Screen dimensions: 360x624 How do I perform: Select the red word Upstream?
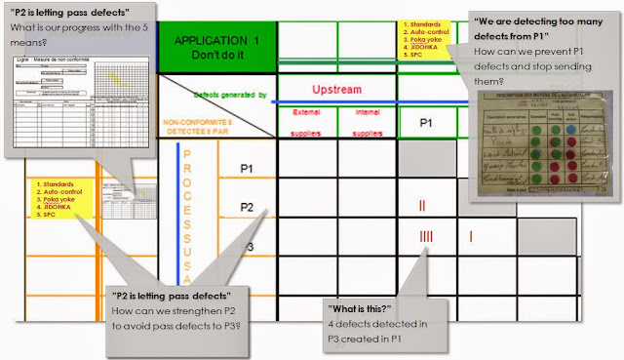336,90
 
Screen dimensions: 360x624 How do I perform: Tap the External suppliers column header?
305,122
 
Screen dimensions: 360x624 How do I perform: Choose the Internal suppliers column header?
366,122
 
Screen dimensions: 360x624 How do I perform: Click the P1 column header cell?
426,123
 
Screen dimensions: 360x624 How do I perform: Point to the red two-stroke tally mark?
422,206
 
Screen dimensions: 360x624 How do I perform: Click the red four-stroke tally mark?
425,236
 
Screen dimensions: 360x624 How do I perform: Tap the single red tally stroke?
471,236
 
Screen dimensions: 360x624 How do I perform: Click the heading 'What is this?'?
367,309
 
